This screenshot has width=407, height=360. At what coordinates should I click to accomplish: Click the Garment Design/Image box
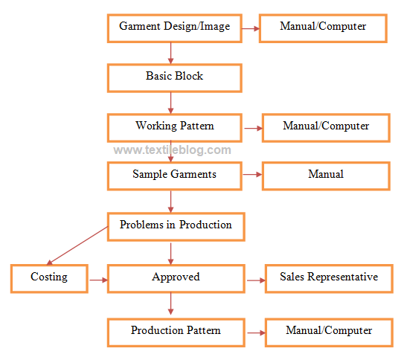click(x=174, y=28)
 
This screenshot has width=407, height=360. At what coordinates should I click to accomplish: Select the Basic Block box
click(x=174, y=77)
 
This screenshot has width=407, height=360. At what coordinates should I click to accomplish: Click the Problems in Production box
click(x=176, y=226)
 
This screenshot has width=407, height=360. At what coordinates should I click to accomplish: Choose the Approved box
click(x=176, y=277)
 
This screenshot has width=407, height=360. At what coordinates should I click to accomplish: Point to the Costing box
click(x=49, y=277)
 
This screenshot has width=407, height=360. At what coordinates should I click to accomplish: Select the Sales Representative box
click(x=329, y=277)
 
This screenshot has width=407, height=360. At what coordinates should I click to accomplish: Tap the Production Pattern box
click(x=176, y=331)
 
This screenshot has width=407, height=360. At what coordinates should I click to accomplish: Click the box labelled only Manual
click(x=326, y=176)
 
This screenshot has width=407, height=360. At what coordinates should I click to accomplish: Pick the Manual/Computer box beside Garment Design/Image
click(x=323, y=28)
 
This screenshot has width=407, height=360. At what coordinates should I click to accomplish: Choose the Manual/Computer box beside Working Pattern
click(x=326, y=127)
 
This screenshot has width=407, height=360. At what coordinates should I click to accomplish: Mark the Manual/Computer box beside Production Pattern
click(x=329, y=331)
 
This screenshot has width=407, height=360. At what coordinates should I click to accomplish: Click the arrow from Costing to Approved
click(x=98, y=280)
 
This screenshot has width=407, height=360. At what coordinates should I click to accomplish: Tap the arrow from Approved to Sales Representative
click(x=255, y=280)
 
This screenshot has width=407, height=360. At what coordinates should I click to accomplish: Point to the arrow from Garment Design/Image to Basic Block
click(x=171, y=52)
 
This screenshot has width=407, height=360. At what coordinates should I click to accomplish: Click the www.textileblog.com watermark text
click(x=172, y=150)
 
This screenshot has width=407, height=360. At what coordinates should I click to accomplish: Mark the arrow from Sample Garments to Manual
click(x=252, y=176)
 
